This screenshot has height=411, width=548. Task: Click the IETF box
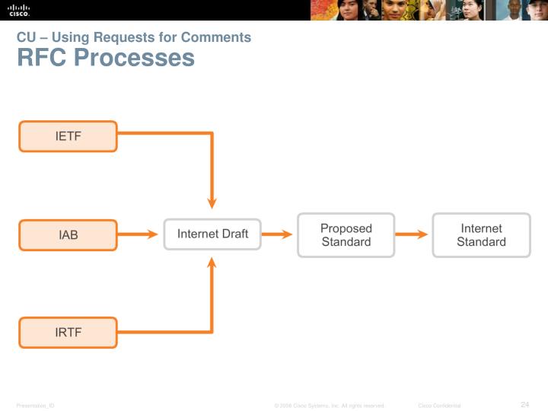pos(68,137)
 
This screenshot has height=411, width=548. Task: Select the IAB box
pos(68,235)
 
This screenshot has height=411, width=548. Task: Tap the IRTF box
pos(68,333)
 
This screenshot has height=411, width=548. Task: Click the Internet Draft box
pos(212,234)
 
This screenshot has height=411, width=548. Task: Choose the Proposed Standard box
pos(346,235)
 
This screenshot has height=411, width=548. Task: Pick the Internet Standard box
pos(481,235)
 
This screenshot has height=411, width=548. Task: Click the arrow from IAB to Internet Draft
pos(139,235)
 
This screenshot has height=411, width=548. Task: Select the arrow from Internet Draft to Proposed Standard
pos(278,234)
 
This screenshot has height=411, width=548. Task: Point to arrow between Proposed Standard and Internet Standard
pos(413,234)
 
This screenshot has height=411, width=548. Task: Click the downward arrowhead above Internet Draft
pos(212,202)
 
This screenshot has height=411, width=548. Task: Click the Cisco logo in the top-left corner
pos(19,10)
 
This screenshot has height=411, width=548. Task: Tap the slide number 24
pos(524,404)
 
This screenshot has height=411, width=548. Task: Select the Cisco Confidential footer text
pos(439,406)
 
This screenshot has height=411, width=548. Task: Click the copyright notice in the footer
pos(330,406)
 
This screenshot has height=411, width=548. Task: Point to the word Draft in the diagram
pos(234,234)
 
